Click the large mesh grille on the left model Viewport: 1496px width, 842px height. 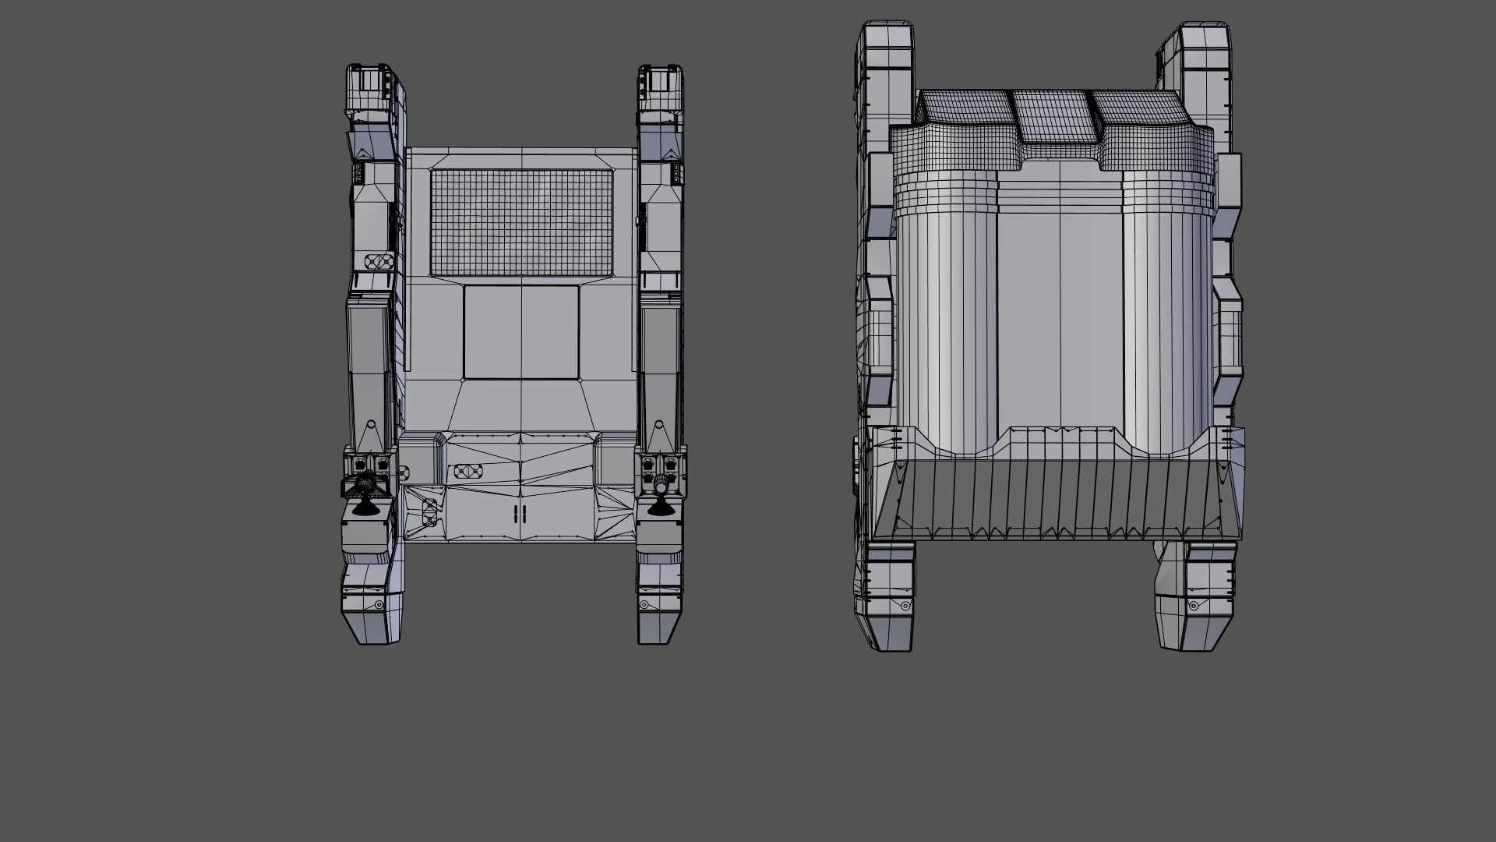coord(520,222)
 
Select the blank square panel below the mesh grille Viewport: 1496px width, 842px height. coord(520,332)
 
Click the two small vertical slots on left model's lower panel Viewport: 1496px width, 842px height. coord(520,514)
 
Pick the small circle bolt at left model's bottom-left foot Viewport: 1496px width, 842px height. coord(379,605)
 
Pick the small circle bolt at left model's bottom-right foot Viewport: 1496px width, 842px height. coord(644,605)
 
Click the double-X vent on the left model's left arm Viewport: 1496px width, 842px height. coord(378,261)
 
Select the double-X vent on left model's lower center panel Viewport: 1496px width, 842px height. coord(467,471)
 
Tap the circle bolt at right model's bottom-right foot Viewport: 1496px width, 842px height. coord(1194,607)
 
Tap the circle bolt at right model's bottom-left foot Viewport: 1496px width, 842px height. coord(905,606)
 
